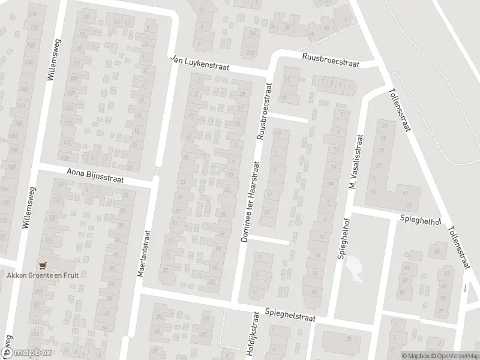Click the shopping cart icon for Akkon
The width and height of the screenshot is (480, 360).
(41, 265)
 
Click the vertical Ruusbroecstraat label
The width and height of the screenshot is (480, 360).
(265, 112)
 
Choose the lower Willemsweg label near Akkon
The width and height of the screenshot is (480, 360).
(26, 207)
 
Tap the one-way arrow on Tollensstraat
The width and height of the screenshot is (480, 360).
(466, 288)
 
